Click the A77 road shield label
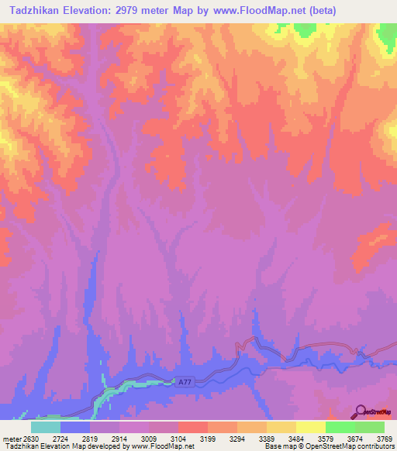(183, 382)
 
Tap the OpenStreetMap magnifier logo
(360, 411)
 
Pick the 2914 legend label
(121, 438)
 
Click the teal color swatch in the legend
(45, 427)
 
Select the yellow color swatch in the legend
(310, 427)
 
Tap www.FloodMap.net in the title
(264, 11)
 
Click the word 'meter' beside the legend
(12, 438)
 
